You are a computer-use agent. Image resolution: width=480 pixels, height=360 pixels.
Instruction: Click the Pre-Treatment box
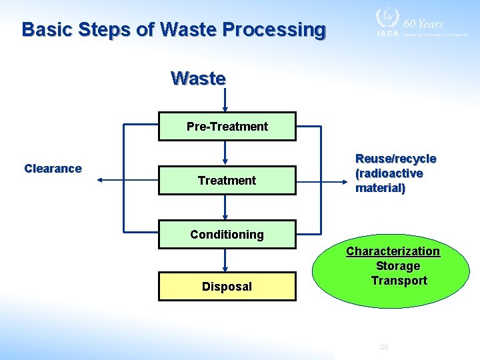pos(227,126)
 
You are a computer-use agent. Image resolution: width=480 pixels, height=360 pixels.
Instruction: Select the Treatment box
pos(227,180)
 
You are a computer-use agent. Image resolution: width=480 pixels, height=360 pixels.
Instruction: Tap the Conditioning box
pos(227,234)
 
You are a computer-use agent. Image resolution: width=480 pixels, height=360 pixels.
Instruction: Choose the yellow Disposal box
pos(227,286)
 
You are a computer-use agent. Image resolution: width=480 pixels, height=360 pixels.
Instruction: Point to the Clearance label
pos(53,169)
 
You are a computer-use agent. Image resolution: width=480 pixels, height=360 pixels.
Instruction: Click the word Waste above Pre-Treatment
pos(198,78)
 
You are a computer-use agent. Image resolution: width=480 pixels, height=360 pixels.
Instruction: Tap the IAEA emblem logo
pos(387,19)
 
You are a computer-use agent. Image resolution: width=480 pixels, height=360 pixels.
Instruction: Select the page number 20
pos(383,347)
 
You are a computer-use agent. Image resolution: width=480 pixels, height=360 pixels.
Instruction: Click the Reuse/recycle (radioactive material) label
pos(396,173)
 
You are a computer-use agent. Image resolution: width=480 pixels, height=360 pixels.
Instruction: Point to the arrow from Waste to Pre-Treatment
pos(225,100)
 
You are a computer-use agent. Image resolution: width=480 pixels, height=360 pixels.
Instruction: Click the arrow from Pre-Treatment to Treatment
pos(225,153)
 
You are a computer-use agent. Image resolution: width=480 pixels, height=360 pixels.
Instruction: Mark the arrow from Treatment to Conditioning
pos(225,207)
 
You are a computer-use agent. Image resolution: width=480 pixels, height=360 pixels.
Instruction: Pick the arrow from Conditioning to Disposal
pos(225,260)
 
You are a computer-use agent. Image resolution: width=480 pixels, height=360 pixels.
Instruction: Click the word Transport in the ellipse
pos(399,281)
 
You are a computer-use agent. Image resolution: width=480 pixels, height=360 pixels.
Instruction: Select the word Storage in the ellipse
pos(398,266)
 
